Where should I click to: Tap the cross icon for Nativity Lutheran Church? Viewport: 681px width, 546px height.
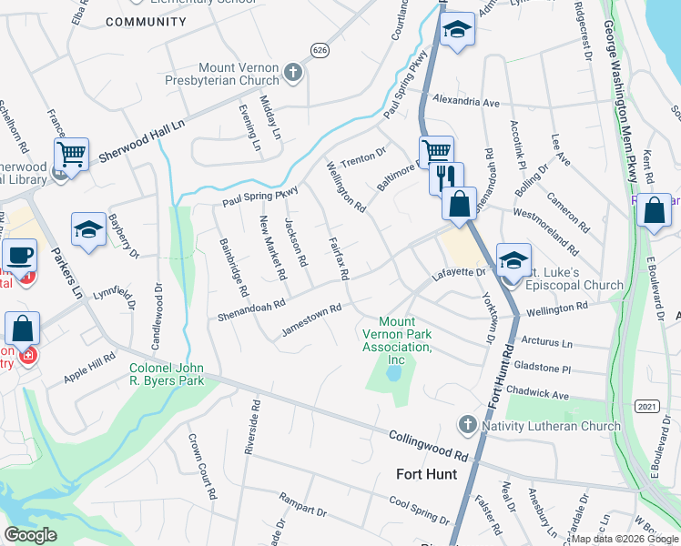tap(467, 424)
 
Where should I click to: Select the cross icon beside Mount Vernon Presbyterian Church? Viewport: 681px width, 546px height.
tap(293, 72)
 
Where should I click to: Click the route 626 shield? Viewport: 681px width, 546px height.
tap(318, 49)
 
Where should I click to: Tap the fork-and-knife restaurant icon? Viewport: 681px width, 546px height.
tap(445, 177)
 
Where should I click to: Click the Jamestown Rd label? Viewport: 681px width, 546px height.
tap(311, 319)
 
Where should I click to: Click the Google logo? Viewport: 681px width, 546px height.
tap(31, 535)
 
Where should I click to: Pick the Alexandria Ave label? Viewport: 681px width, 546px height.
tap(466, 101)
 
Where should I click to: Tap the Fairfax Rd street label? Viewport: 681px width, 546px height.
tap(338, 258)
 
